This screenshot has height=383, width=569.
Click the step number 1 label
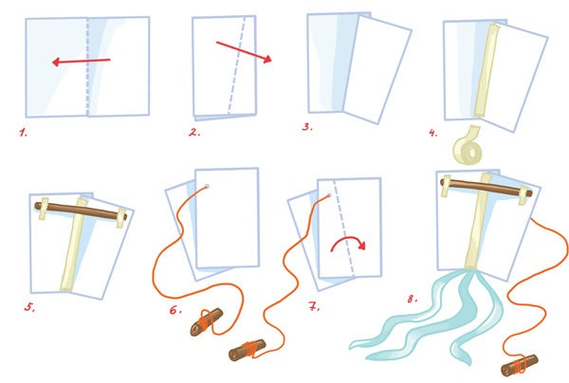(x=23, y=133)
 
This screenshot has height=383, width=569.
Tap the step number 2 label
(x=194, y=133)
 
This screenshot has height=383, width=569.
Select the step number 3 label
(x=307, y=127)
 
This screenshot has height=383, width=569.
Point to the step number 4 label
(x=433, y=133)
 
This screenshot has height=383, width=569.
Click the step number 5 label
(x=29, y=307)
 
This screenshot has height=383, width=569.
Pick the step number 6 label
(x=175, y=310)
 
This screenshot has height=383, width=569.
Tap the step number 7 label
(x=314, y=307)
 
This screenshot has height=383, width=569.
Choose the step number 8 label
(x=412, y=300)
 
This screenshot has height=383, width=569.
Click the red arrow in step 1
(x=82, y=62)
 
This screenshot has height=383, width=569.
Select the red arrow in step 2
(x=244, y=52)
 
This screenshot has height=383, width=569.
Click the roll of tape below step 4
(x=468, y=147)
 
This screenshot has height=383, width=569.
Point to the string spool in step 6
(x=206, y=321)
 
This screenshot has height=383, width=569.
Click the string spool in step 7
(x=248, y=349)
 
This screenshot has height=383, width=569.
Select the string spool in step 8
(x=520, y=365)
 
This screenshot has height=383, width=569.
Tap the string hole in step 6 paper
(x=207, y=187)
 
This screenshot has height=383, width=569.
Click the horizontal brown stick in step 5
(x=81, y=211)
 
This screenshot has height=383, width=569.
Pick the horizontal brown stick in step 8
(x=486, y=187)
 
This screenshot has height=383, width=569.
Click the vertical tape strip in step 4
(x=486, y=70)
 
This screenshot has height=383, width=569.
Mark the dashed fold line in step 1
(x=87, y=66)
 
